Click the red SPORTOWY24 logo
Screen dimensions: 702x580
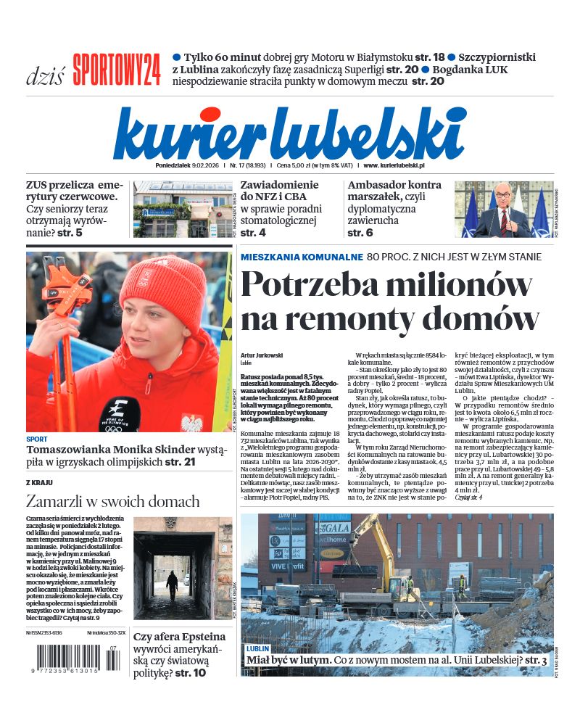tap(117, 70)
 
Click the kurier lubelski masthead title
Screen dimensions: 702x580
tap(289, 133)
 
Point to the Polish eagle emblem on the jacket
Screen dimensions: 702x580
tap(192, 422)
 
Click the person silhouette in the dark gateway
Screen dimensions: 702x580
tap(172, 583)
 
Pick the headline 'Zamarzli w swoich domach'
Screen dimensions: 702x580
tap(112, 501)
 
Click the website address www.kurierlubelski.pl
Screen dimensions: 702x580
tap(404, 165)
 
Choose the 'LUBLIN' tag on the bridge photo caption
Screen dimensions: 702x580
tap(258, 648)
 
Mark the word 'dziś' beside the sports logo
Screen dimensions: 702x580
tap(45, 75)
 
